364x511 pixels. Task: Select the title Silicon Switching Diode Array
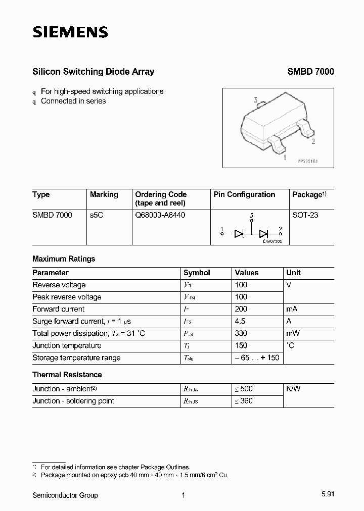[93, 72]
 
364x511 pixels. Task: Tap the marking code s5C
[96, 215]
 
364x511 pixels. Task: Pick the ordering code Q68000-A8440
[160, 215]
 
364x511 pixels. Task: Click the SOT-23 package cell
[305, 215]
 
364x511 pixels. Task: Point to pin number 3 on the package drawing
[256, 100]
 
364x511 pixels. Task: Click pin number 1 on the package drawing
[285, 158]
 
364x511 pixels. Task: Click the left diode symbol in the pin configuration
[240, 233]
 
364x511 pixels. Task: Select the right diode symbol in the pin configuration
[263, 233]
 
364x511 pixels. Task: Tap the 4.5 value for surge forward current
[240, 321]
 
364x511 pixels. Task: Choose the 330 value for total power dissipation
[241, 333]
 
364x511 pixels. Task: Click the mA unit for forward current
[293, 309]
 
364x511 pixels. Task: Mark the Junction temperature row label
[67, 345]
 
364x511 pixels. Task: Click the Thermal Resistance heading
[67, 375]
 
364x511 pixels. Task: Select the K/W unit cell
[293, 389]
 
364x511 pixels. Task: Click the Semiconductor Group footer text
[65, 495]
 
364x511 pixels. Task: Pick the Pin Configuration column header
[244, 194]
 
